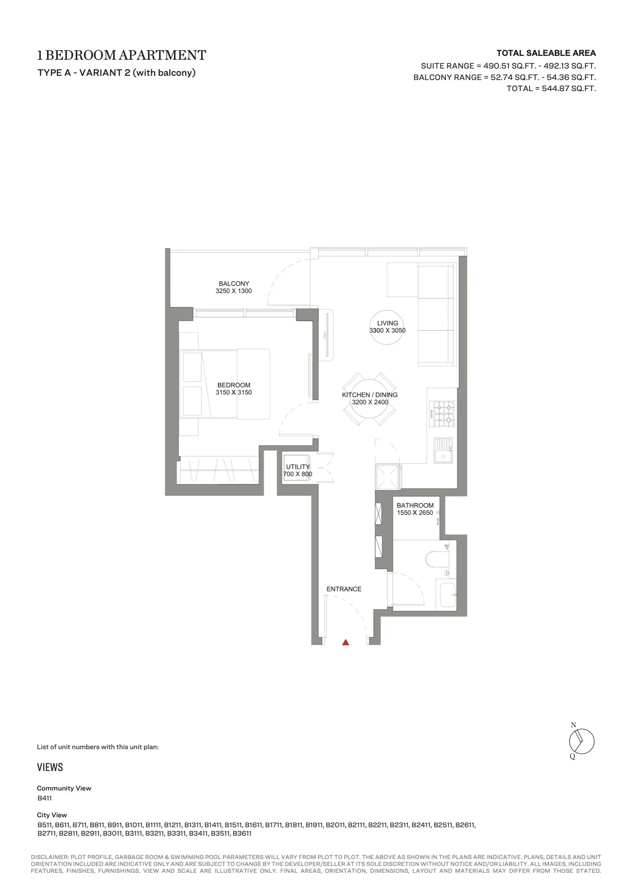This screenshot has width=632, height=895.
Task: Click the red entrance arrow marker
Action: pos(345,642)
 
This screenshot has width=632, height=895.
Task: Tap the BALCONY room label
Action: pos(234,283)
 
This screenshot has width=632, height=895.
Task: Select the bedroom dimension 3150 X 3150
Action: pos(234,392)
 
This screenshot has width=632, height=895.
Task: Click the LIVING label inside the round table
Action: pos(387,323)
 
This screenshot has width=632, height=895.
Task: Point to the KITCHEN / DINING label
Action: pos(370,395)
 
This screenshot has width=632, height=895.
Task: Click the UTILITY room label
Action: pos(298,467)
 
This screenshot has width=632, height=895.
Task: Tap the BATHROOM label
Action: pos(415,505)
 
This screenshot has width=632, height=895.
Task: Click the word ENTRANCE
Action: pos(344,589)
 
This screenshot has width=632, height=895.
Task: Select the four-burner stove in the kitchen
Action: pos(442,413)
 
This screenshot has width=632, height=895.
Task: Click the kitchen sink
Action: pos(443,450)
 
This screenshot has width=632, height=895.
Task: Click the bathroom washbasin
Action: pos(447,595)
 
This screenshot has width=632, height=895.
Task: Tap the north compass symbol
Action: pos(582,741)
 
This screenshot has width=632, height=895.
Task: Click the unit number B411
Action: pos(44,797)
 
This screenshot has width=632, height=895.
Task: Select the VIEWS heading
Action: pos(50,767)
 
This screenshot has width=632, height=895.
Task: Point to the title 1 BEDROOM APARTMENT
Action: pos(122,56)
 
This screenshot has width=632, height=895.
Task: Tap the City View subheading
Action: pos(52,815)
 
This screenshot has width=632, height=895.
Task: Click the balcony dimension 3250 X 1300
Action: pos(234,291)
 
